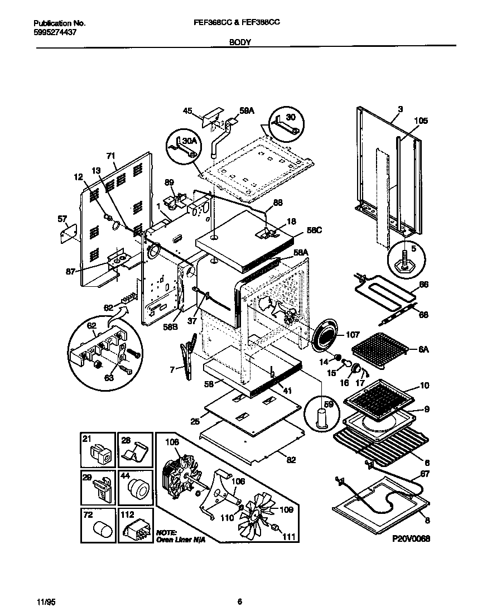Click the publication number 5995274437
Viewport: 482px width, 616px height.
pos(55,32)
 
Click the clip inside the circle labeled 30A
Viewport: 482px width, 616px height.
pos(182,147)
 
